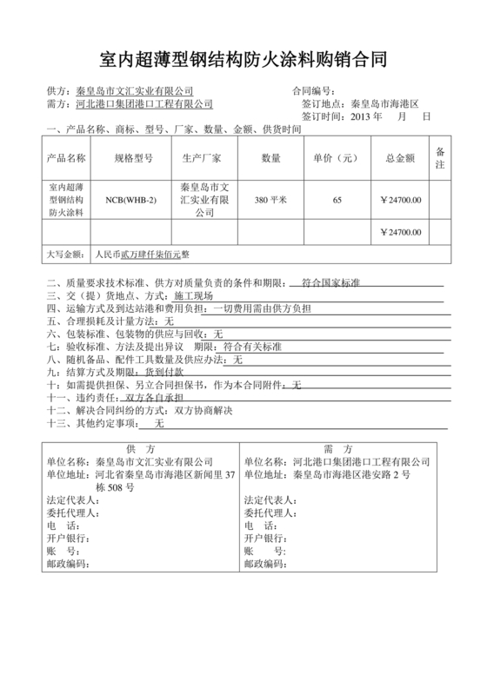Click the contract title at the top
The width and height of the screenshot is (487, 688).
coord(243,60)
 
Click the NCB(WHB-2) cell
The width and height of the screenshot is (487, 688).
coord(133,200)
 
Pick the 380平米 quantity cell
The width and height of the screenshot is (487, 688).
coord(270,200)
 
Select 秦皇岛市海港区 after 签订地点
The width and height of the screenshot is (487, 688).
coord(384,103)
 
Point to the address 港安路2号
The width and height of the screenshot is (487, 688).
coord(383,475)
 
